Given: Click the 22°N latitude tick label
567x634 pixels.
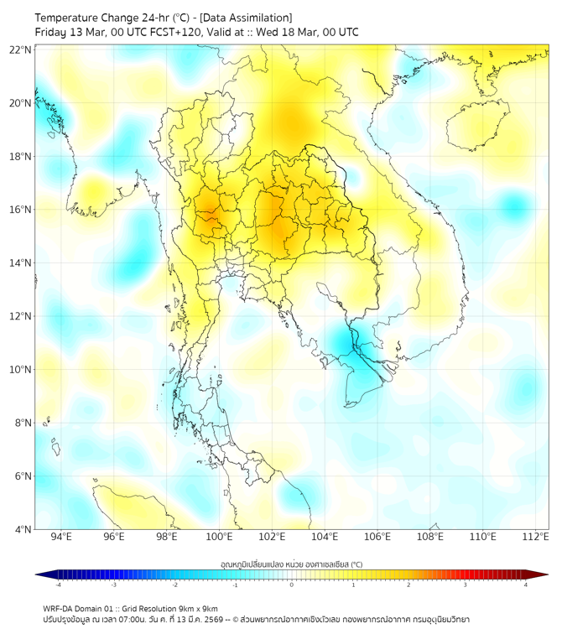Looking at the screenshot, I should coord(21,49).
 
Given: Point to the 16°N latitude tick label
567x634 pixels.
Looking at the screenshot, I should coord(21,210).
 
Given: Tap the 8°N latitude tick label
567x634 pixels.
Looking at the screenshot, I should coord(23,423).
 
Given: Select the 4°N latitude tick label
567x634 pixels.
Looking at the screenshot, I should coord(23,529).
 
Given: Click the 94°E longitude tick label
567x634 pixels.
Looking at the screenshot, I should coord(61,538).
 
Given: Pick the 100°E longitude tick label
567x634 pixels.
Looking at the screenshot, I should coord(220,538).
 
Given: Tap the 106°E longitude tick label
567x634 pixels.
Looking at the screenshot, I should coord(377,538).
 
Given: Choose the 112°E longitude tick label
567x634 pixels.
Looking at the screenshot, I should coord(536,538).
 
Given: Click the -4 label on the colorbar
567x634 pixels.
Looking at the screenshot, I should coord(58,585).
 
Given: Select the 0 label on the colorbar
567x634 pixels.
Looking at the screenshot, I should coord(292,585).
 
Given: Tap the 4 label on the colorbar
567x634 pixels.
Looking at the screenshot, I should coord(525,585).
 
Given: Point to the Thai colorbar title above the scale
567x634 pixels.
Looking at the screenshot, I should coord(291,564).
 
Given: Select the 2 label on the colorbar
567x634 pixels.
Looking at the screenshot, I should coord(408,585).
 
